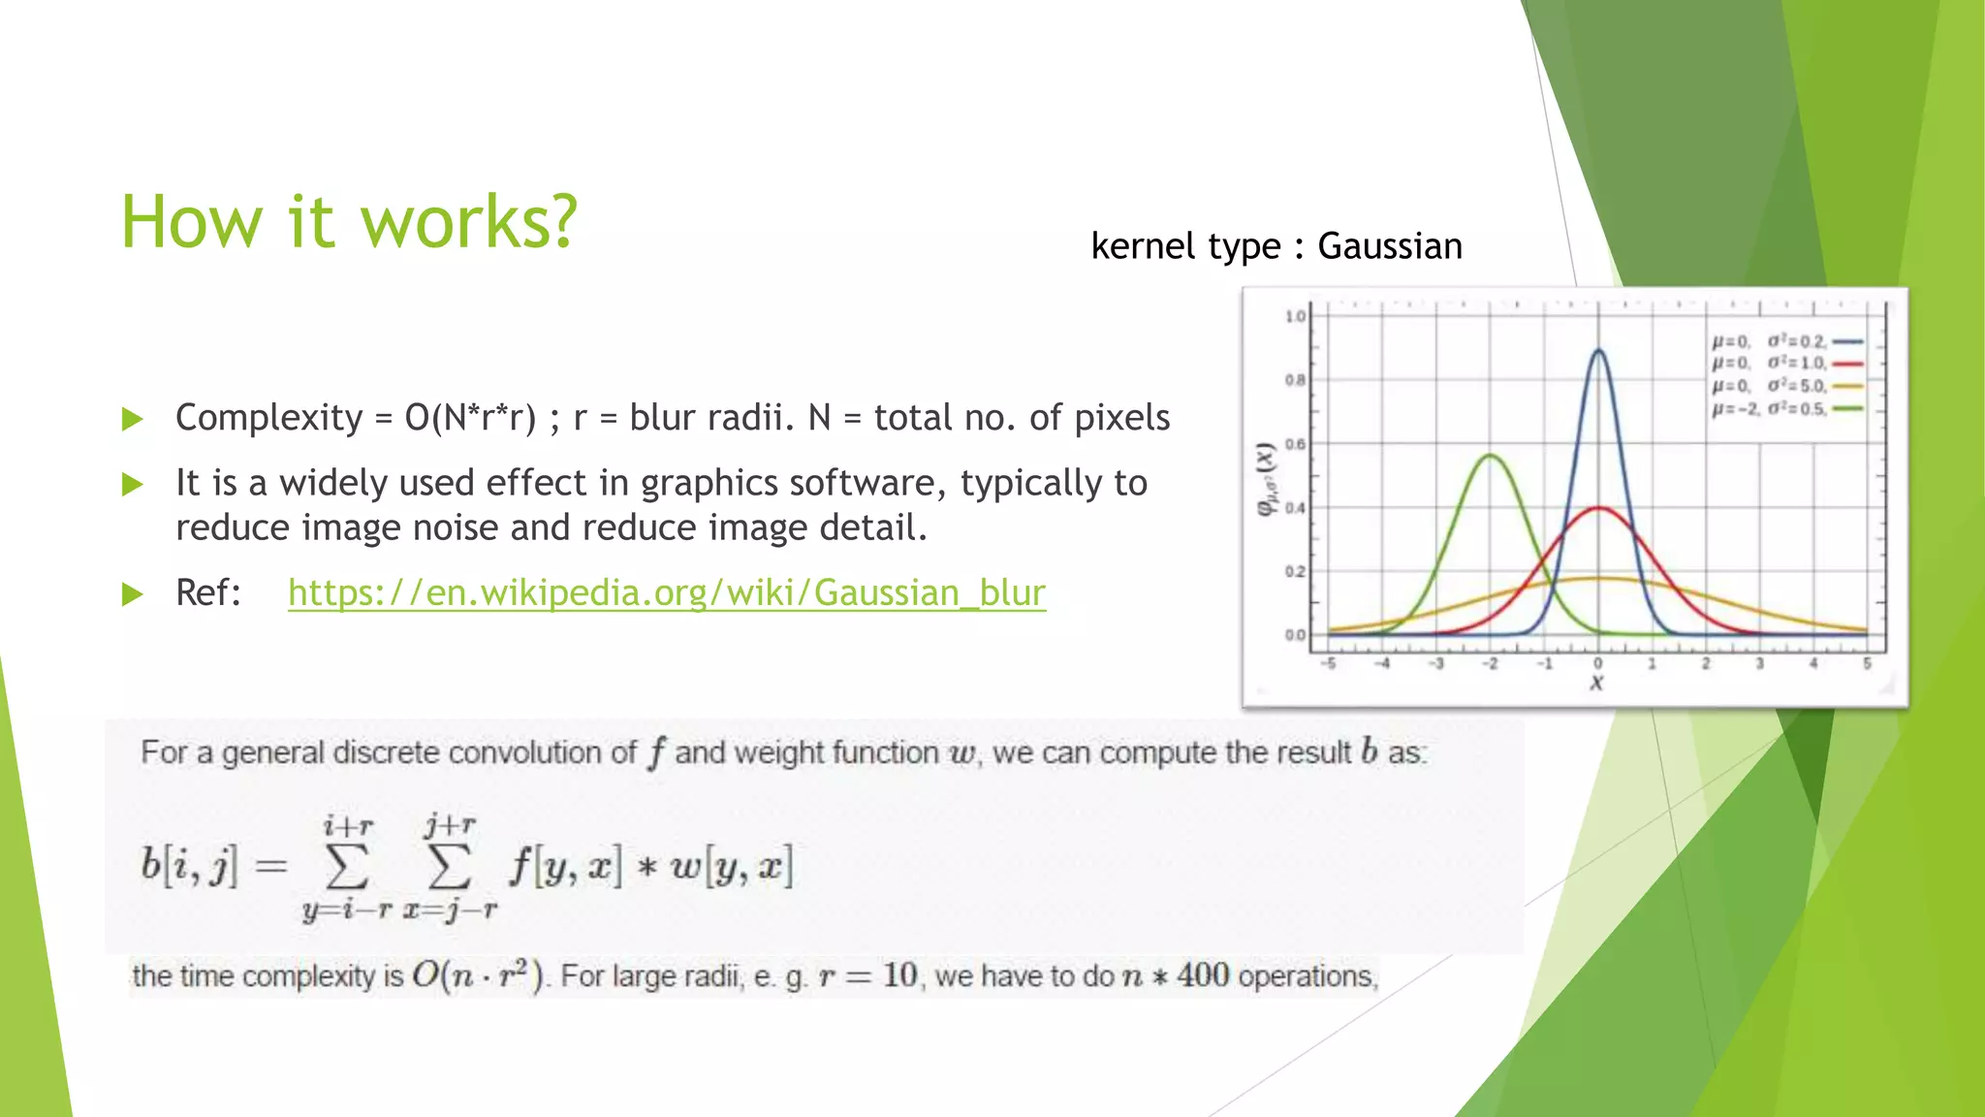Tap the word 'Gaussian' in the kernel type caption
click(1389, 246)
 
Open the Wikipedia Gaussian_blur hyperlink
click(667, 592)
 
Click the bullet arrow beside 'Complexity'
click(133, 419)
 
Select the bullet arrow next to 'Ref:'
click(133, 593)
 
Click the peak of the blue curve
click(1598, 351)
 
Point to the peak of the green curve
click(1490, 456)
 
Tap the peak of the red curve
click(1598, 508)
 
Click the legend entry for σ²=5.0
click(1786, 385)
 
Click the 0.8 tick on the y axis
click(1295, 380)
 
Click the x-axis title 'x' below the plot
click(1597, 684)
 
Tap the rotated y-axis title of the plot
click(1265, 480)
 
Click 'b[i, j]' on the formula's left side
click(189, 865)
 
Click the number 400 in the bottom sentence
click(1202, 974)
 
